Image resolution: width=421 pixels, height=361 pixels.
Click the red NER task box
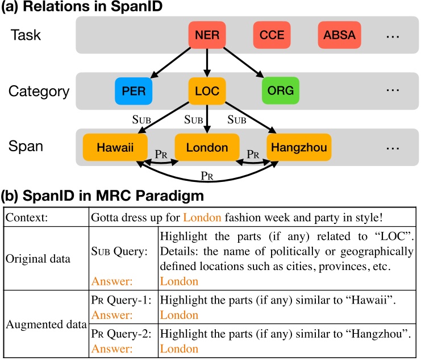[x=207, y=35]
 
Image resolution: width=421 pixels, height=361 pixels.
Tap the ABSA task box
[x=339, y=35]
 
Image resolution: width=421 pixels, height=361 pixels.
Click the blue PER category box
[x=134, y=90]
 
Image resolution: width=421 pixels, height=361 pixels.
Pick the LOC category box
[x=207, y=90]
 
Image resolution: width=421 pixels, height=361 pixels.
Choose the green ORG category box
[x=280, y=90]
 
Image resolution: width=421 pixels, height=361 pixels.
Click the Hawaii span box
[x=115, y=148]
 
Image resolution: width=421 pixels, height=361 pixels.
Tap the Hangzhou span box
[x=299, y=148]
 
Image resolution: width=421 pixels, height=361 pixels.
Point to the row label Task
[x=26, y=35]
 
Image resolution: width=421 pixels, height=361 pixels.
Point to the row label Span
[x=26, y=147]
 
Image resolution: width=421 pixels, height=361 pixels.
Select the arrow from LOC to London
[x=207, y=118]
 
